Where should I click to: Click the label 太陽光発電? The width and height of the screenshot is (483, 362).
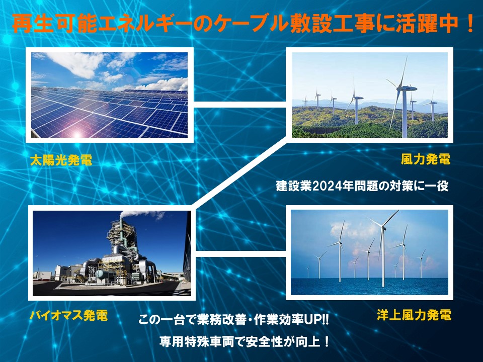pos(61,160)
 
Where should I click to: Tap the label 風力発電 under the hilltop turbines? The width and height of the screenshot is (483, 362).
pos(426,159)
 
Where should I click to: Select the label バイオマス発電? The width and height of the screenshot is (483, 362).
pos(69,315)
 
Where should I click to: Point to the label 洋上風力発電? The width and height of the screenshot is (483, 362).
pos(414,315)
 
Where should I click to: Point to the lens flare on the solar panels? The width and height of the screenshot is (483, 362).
pos(76,134)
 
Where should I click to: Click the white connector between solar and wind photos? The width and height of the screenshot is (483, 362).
pos(240,105)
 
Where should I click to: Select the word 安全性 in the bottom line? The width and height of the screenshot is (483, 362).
pos(265,342)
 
